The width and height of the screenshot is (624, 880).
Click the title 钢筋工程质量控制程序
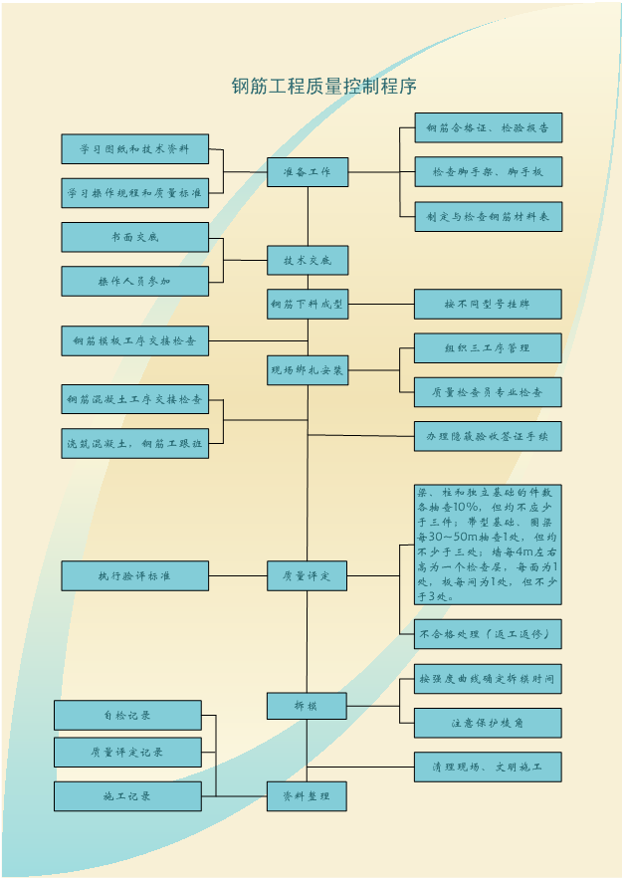pos(323,86)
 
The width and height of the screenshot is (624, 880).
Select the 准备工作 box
pos(307,172)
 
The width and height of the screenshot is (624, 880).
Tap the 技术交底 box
pos(307,260)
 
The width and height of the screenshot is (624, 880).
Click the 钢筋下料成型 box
pos(307,304)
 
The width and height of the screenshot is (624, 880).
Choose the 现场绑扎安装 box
pos(307,370)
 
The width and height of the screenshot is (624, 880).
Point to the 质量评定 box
pos(307,575)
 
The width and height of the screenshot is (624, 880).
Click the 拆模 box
pos(307,706)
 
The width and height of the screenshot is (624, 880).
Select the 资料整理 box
pos(307,795)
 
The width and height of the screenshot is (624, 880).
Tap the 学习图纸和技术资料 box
pos(135,149)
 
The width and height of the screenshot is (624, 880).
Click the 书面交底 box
pos(135,237)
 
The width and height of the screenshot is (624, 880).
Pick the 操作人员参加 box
pos(135,282)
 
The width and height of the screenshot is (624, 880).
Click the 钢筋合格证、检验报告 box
pos(488,127)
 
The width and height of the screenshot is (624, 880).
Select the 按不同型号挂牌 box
pos(488,304)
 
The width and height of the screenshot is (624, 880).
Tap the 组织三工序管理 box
pos(488,348)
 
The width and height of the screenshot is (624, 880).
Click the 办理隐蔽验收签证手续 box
pos(488,436)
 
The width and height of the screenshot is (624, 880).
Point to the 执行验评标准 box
pos(135,575)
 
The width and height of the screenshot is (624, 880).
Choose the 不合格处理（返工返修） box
pos(488,634)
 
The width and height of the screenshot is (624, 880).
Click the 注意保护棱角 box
pos(488,723)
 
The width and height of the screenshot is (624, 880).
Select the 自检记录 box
pos(127,715)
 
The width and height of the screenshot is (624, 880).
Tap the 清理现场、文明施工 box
pos(488,767)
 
